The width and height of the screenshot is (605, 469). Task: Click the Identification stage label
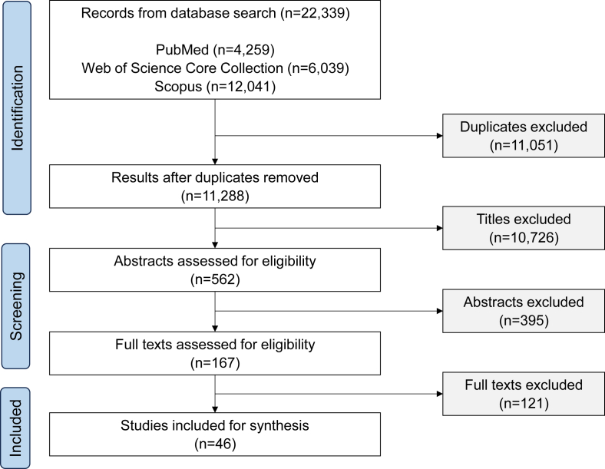coord(17,107)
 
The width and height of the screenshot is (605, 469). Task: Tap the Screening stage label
coord(16,306)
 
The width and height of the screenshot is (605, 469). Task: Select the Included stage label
coord(15,428)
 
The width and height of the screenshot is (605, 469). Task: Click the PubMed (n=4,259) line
coord(215,50)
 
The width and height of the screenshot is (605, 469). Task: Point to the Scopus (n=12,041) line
coord(215,87)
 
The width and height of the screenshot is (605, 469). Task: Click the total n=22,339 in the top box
coord(315,13)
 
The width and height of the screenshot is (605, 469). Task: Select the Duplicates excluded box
coord(523,136)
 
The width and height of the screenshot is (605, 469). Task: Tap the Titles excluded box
coord(523,228)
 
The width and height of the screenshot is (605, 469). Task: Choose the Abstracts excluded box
coord(523,311)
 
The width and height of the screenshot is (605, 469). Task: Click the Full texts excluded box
coord(523,394)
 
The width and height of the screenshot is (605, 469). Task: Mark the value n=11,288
coord(215,196)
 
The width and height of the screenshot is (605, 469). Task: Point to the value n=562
coord(215,279)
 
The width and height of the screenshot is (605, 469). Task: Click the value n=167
coord(215,363)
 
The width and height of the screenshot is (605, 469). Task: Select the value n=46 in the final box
coord(215,444)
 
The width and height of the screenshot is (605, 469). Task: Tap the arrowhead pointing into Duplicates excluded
coord(439,136)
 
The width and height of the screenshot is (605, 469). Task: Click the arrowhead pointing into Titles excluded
coord(439,228)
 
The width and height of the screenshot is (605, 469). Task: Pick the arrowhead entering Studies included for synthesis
coord(215,410)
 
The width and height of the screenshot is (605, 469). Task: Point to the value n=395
coord(524,321)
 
